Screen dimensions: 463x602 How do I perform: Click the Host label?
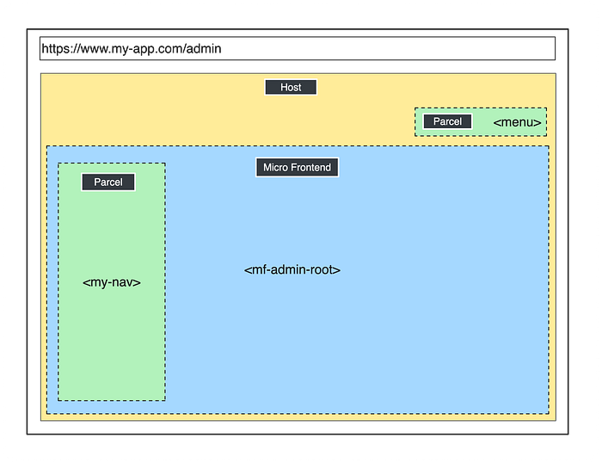pos(291,87)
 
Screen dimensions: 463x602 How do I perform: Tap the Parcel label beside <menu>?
pos(447,122)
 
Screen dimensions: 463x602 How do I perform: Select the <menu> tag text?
pos(518,123)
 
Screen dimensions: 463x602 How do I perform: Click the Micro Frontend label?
pos(297,167)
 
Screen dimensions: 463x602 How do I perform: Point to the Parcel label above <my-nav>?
pos(108,182)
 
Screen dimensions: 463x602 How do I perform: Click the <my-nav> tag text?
pos(112,282)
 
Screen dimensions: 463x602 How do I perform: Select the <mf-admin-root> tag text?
pos(292,269)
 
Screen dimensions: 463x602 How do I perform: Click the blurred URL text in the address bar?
pos(131,49)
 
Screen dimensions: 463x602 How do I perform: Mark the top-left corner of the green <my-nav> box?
pos(58,164)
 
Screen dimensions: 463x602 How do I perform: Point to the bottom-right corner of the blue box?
pos(548,413)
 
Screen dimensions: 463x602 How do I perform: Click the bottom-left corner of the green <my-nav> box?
pos(58,400)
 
